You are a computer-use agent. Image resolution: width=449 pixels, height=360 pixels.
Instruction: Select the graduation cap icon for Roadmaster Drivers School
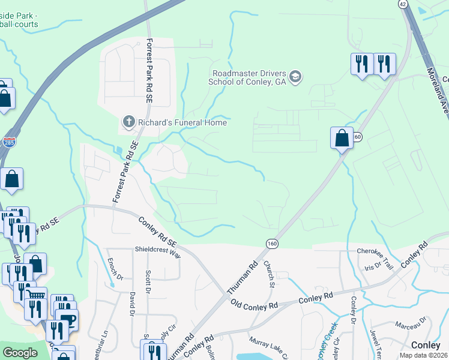[295, 77]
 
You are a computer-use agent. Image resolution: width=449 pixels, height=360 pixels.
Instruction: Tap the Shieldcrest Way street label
[157, 254]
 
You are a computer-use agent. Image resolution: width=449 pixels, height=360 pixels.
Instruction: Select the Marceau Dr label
[410, 325]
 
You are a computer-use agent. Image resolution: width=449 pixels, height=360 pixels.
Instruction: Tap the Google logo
[20, 353]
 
